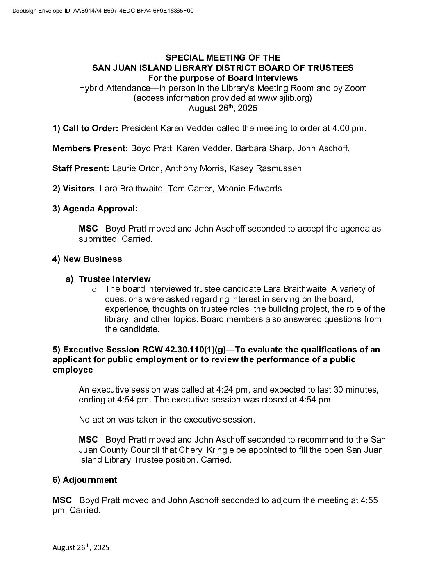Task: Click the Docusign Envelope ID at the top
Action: coord(103,11)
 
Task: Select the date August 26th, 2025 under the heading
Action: coord(223,108)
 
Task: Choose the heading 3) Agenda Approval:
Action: coord(95,209)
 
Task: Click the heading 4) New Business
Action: coord(87,259)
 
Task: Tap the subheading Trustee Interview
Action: coord(114,279)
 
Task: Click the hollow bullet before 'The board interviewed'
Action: coord(94,290)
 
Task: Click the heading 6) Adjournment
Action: coord(84,480)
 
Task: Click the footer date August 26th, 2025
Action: coord(81,547)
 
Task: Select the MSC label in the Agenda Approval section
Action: coord(88,229)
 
